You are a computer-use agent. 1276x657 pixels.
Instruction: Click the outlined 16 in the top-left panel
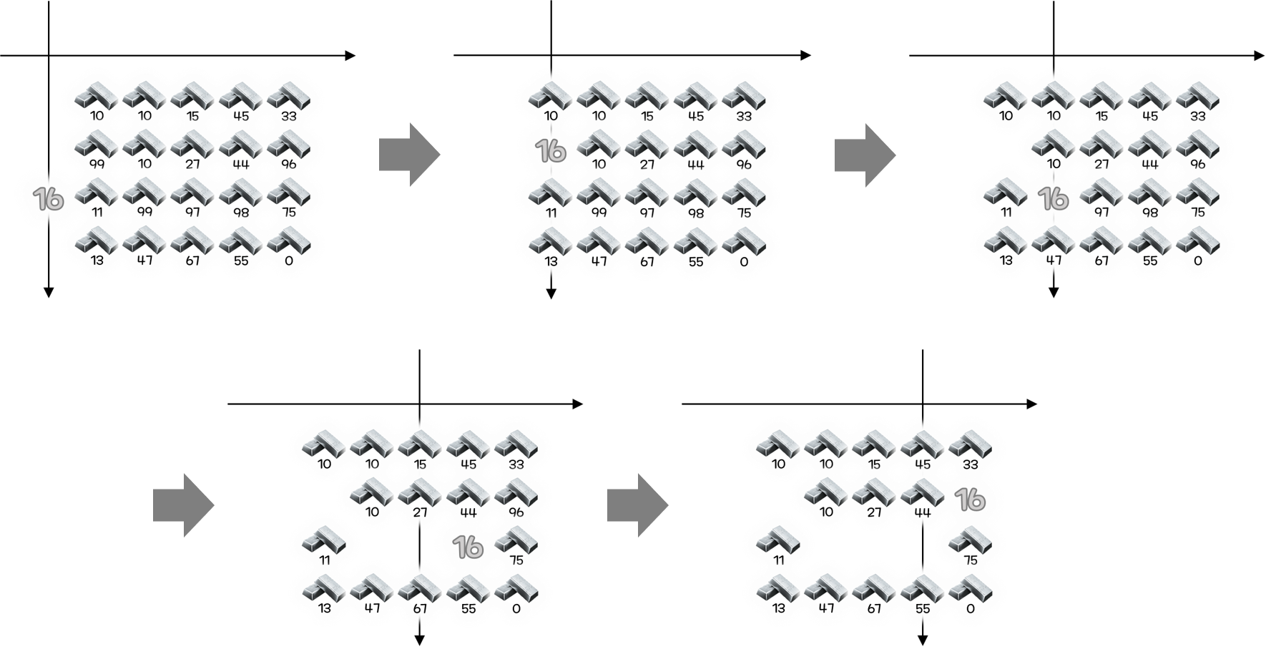(49, 198)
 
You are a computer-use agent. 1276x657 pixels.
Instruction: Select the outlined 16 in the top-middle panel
(551, 150)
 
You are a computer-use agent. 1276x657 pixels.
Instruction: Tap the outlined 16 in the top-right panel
(1054, 198)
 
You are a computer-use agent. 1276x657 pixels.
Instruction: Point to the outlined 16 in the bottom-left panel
(468, 547)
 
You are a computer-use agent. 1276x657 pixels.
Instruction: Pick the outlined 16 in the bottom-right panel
(971, 500)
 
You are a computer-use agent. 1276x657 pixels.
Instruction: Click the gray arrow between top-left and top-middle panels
(409, 155)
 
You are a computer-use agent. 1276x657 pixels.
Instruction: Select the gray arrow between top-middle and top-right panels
(865, 155)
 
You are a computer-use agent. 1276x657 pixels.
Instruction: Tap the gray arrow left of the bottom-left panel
(183, 505)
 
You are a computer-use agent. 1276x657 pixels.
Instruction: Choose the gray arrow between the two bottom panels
(637, 505)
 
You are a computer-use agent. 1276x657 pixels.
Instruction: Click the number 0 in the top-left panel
(289, 261)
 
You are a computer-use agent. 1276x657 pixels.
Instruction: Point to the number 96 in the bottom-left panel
(516, 512)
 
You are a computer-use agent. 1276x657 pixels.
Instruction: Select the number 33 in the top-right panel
(1198, 116)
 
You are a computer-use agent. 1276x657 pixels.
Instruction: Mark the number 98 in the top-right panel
(1150, 213)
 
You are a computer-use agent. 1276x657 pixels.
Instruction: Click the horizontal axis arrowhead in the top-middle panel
(806, 55)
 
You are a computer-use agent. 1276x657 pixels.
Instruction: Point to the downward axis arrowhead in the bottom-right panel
(923, 641)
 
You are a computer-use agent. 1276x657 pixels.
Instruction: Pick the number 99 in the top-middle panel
(599, 213)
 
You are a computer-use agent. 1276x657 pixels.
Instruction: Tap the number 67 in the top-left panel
(192, 261)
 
